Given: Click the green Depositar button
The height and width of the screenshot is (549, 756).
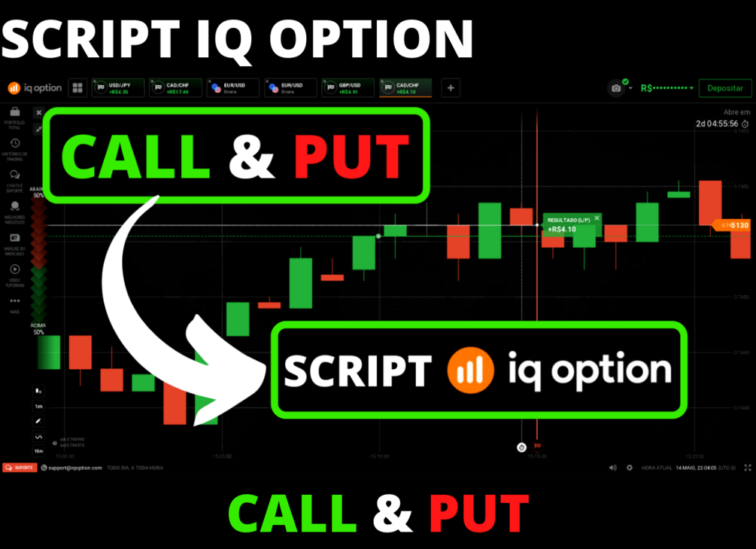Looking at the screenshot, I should coord(724,88).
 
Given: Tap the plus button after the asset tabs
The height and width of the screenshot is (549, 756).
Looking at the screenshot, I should coord(451,88).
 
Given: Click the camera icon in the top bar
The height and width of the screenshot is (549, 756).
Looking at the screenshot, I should coord(617,88).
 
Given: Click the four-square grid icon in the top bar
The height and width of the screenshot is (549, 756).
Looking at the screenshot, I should coord(77,88).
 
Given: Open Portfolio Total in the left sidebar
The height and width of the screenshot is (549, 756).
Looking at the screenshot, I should coord(14,116).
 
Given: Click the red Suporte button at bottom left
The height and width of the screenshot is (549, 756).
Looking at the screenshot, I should coord(20,468).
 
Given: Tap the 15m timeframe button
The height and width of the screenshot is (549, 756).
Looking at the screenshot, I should coord(38,451).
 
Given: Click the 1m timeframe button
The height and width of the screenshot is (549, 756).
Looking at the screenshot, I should coord(38,406).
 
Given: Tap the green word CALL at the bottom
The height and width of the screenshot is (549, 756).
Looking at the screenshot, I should coord(292,514).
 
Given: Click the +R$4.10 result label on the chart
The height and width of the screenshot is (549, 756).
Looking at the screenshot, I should coord(562,229).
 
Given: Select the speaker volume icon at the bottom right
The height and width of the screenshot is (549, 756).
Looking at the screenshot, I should coord(613,468).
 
